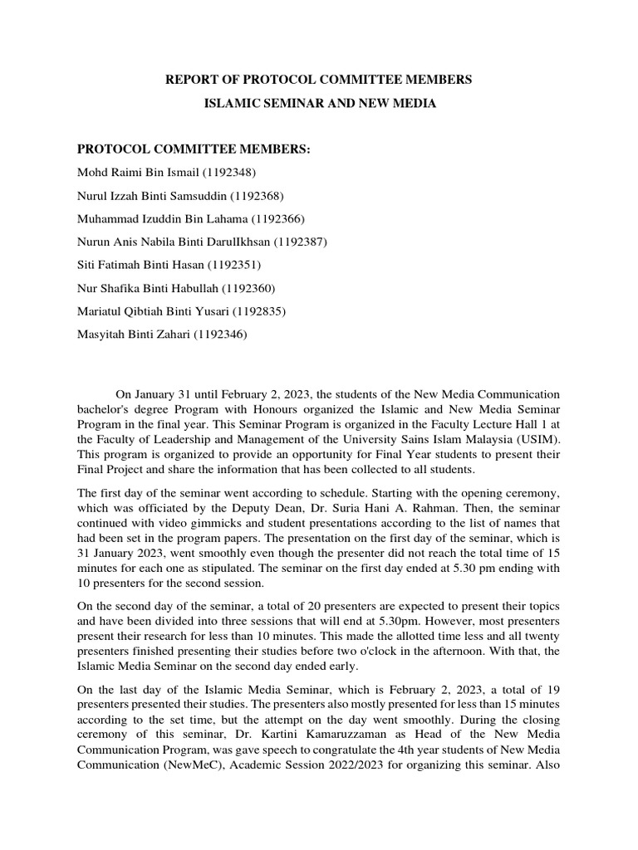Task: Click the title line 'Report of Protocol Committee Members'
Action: pyautogui.click(x=319, y=80)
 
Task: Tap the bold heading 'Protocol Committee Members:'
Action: pyautogui.click(x=194, y=149)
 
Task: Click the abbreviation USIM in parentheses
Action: pyautogui.click(x=537, y=439)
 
